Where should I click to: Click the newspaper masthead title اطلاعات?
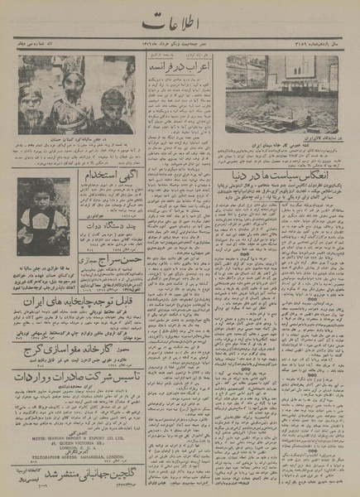pyautogui.click(x=177, y=22)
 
